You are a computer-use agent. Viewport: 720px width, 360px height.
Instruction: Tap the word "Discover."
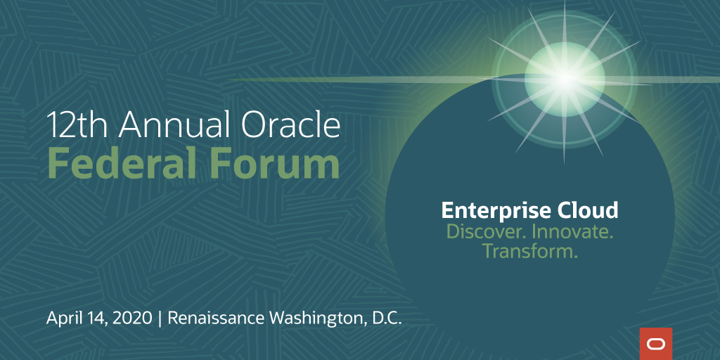(x=485, y=231)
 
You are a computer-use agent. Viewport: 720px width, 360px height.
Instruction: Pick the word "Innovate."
(x=572, y=231)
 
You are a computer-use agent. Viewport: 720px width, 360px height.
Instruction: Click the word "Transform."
(x=529, y=252)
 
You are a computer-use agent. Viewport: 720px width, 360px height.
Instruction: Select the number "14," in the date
(x=97, y=318)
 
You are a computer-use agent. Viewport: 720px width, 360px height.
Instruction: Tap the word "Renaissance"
(x=214, y=317)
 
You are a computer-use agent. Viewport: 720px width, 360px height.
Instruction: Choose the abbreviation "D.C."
(x=385, y=317)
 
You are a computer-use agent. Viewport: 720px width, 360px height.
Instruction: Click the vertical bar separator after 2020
(x=160, y=318)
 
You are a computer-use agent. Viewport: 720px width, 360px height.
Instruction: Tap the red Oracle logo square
(x=656, y=342)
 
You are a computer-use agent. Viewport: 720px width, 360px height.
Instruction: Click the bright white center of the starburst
(x=564, y=79)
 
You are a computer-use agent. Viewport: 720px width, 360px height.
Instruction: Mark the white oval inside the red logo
(x=656, y=342)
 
